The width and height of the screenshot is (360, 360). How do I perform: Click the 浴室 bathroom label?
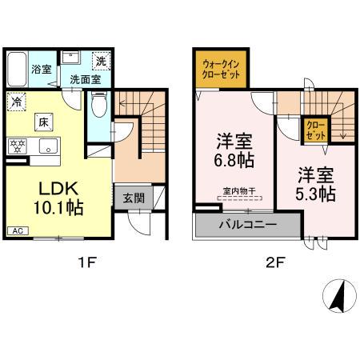(42, 70)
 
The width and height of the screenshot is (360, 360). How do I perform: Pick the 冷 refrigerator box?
(16, 102)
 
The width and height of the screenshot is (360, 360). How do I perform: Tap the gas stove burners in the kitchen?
(16, 146)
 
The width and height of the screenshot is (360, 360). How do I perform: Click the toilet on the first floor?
(98, 105)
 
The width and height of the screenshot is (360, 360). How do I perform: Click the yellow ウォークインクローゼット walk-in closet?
(219, 69)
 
